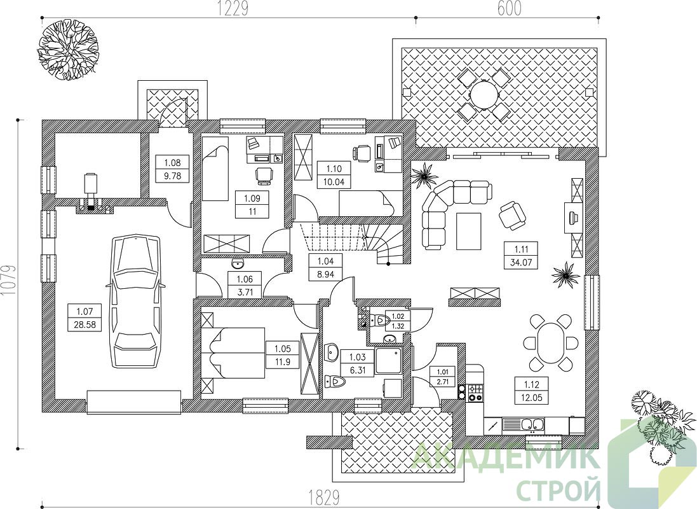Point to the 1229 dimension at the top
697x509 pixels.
click(232, 8)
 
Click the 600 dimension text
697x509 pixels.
click(510, 8)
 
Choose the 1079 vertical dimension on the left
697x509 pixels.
click(8, 281)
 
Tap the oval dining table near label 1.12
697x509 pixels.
click(552, 343)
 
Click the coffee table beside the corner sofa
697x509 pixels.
click(468, 231)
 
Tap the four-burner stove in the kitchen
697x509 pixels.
click(474, 392)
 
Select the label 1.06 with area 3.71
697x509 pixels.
click(245, 286)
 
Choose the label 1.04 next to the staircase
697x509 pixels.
click(325, 268)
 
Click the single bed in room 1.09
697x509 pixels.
click(215, 169)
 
